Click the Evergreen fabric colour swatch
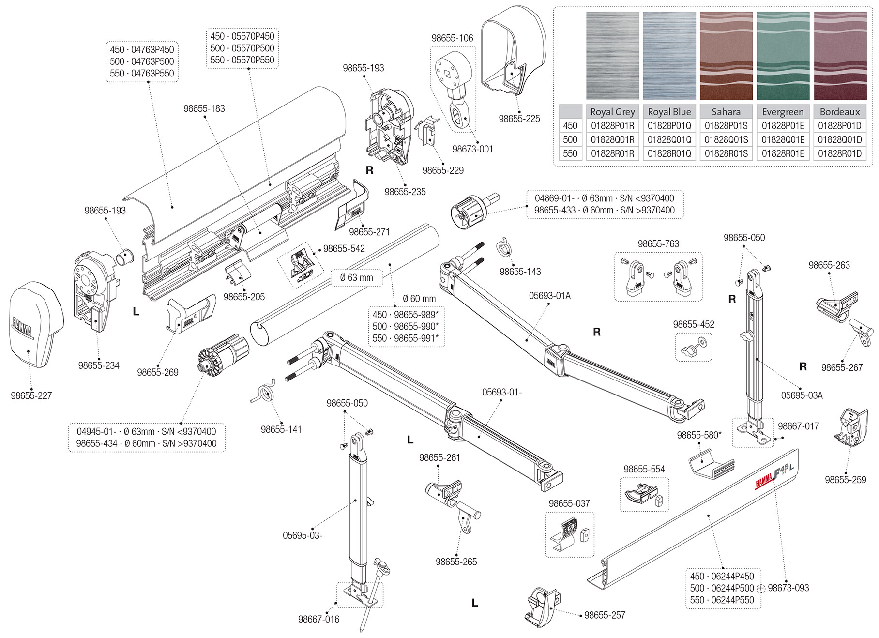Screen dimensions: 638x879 (x=783, y=56)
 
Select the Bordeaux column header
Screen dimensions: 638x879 (x=840, y=112)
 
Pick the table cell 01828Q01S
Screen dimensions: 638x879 (x=726, y=140)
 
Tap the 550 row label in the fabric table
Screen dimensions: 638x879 (x=570, y=154)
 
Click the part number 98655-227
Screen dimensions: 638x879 (x=31, y=396)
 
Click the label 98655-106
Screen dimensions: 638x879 (x=452, y=38)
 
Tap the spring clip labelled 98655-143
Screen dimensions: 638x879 (x=505, y=248)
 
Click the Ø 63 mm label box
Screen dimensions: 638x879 (x=357, y=278)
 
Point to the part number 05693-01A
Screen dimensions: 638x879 (x=549, y=296)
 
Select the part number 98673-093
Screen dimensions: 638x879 (x=788, y=588)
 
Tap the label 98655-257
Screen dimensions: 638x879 (x=605, y=615)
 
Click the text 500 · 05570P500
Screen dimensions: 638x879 (x=242, y=48)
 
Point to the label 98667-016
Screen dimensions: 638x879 (x=318, y=619)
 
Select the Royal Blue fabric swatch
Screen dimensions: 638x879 (x=669, y=56)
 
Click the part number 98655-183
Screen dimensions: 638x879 (x=204, y=109)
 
